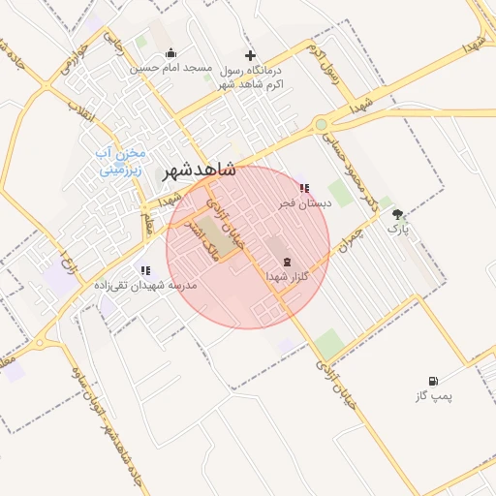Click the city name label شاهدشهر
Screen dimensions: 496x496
[x=200, y=167]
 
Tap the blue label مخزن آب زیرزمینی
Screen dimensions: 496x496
[x=122, y=161]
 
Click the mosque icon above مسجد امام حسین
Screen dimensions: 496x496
[x=171, y=53]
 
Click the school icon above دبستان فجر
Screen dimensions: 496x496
[x=304, y=188]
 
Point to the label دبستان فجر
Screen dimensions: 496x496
[x=305, y=203]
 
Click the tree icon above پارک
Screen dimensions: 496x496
[x=398, y=214]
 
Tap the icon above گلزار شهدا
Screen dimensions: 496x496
[x=286, y=262]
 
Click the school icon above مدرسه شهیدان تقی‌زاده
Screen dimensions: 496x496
[x=145, y=270]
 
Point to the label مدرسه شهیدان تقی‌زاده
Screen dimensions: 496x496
[x=145, y=286]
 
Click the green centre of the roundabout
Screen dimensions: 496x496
[x=321, y=124]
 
